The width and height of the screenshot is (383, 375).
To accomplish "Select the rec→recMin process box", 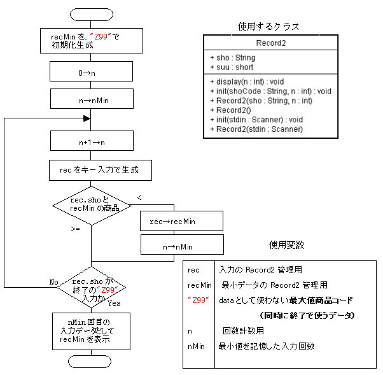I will coord(181,221).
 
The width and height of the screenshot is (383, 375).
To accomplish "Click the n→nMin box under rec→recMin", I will coord(181,246).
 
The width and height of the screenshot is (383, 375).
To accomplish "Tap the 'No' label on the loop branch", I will coord(55,281).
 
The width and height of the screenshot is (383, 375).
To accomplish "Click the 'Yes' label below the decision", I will coord(114,303).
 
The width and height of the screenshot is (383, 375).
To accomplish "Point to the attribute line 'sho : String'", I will coord(232,57).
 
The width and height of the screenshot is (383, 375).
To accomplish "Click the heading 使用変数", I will coord(286,244).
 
